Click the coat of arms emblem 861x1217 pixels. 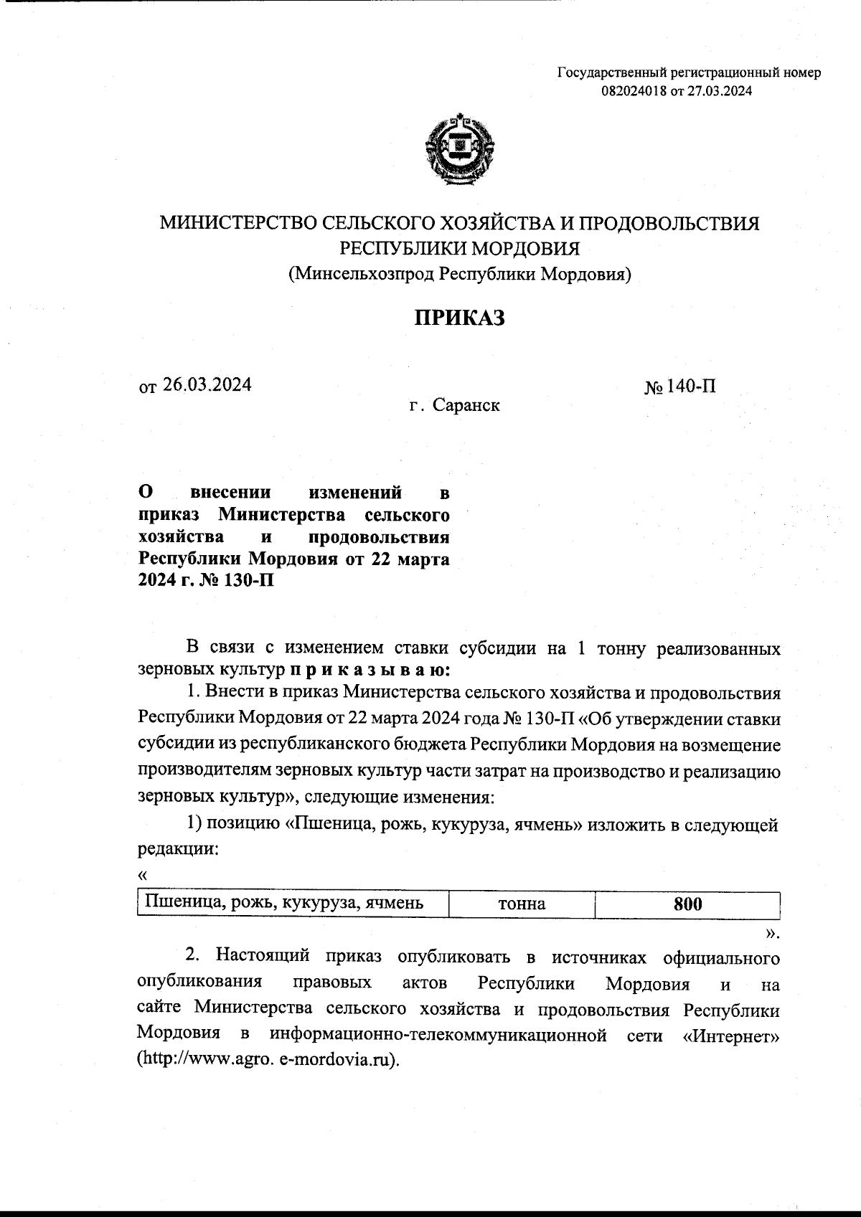[x=460, y=151]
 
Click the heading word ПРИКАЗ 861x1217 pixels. [x=459, y=318]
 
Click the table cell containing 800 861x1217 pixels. [x=687, y=904]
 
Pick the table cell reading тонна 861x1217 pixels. [x=522, y=904]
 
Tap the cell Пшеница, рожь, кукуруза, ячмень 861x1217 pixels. [x=285, y=904]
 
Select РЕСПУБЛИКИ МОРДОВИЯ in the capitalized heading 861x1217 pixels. [x=459, y=249]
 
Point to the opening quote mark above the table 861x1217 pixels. [x=142, y=876]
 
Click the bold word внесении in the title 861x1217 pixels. [x=231, y=493]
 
